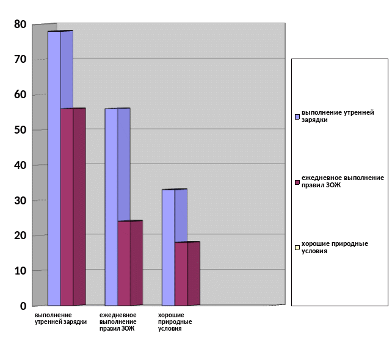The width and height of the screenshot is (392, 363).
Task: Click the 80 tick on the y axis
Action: click(x=21, y=24)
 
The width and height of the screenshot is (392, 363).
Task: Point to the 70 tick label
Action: click(x=21, y=59)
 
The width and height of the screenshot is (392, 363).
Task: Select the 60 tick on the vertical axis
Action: click(x=21, y=95)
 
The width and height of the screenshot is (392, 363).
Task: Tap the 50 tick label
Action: click(x=21, y=130)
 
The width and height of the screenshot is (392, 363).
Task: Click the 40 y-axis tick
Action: click(x=21, y=165)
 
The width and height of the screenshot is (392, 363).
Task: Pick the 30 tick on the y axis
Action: click(x=21, y=200)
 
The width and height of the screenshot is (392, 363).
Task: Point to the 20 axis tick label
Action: click(x=21, y=235)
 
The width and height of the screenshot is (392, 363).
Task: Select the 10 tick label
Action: click(x=21, y=270)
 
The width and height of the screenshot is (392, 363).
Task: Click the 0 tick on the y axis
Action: click(x=23, y=306)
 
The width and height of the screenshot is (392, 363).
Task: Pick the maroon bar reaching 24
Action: click(x=124, y=262)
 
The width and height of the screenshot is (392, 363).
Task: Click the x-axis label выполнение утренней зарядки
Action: click(x=60, y=318)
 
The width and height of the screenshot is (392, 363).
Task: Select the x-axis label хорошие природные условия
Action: click(x=175, y=322)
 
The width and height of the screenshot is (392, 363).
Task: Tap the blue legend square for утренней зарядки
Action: click(x=297, y=116)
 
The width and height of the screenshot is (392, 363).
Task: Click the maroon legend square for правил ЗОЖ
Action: click(x=297, y=182)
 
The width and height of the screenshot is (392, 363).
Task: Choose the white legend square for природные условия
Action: click(x=297, y=247)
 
